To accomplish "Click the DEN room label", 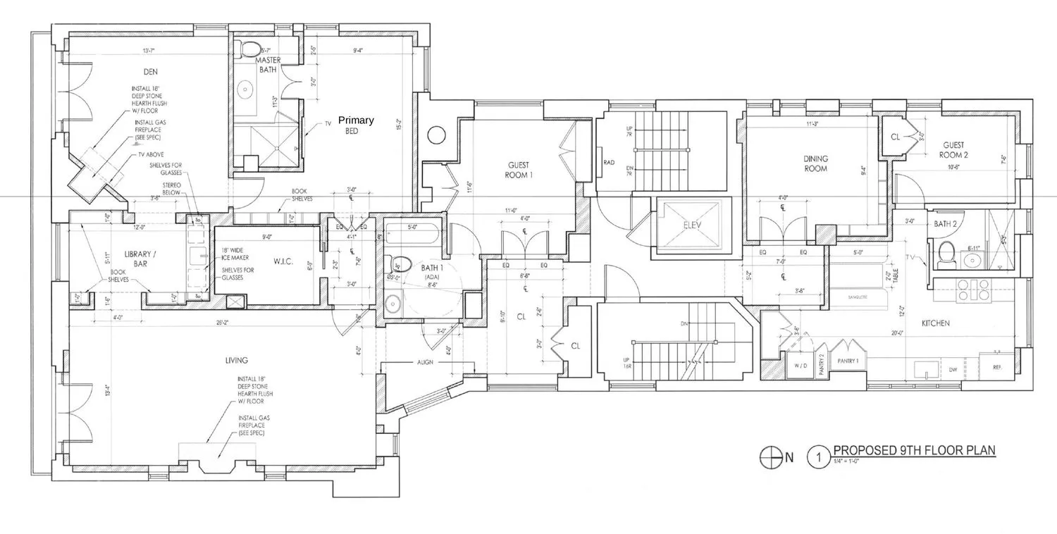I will [148, 72].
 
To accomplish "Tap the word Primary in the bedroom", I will [356, 120].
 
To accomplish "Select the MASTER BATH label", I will [268, 65].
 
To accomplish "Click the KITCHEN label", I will [935, 323].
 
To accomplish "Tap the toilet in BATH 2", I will [946, 252].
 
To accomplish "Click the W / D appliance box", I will [800, 366].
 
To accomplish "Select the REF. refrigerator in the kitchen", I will [996, 367].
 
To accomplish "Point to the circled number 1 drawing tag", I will [818, 457].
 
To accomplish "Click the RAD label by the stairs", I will [609, 162].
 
